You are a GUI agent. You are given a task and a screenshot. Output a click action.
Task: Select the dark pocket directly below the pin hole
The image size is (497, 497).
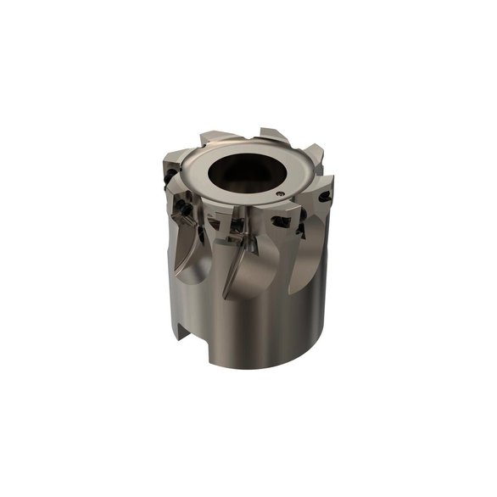point(280,223)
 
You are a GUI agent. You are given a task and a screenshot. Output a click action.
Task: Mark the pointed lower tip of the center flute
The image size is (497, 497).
point(225,297)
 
